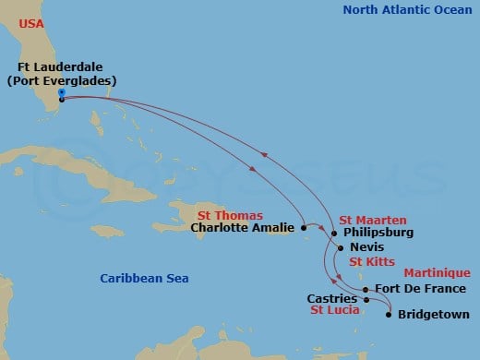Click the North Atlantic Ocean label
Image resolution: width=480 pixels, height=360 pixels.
coord(407,10)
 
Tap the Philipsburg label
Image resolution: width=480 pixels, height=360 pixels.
coord(377,234)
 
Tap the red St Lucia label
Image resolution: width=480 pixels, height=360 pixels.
coord(334,312)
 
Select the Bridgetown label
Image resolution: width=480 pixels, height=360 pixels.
coord(433,315)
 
